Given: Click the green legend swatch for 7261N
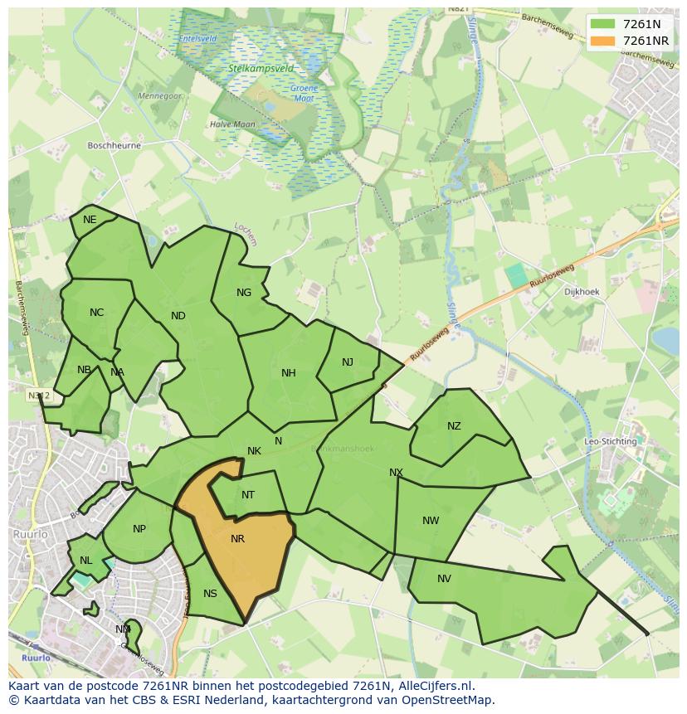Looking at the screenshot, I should pyautogui.click(x=603, y=24).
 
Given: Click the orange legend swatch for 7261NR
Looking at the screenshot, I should pyautogui.click(x=603, y=41).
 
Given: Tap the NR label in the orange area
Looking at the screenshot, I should pyautogui.click(x=237, y=539).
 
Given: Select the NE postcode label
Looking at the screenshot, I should pyautogui.click(x=90, y=220).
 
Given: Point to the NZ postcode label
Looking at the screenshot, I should pyautogui.click(x=454, y=426).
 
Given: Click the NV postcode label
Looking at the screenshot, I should pyautogui.click(x=444, y=579).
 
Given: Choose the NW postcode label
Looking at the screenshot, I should pyautogui.click(x=431, y=521).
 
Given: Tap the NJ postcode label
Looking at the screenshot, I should pyautogui.click(x=348, y=362).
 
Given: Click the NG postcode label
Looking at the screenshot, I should pyautogui.click(x=244, y=293).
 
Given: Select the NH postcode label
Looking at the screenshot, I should pyautogui.click(x=289, y=373).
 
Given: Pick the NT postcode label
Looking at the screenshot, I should pyautogui.click(x=248, y=495).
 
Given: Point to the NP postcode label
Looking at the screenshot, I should pyautogui.click(x=139, y=529).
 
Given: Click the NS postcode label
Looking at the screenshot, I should pyautogui.click(x=210, y=594).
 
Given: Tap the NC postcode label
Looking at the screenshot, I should pyautogui.click(x=97, y=313).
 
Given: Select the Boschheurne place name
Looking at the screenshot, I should pyautogui.click(x=114, y=145).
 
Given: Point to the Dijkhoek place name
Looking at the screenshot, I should pyautogui.click(x=581, y=292).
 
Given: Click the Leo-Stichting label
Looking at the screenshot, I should pyautogui.click(x=611, y=442).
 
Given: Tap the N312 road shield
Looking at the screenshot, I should pyautogui.click(x=38, y=396).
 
